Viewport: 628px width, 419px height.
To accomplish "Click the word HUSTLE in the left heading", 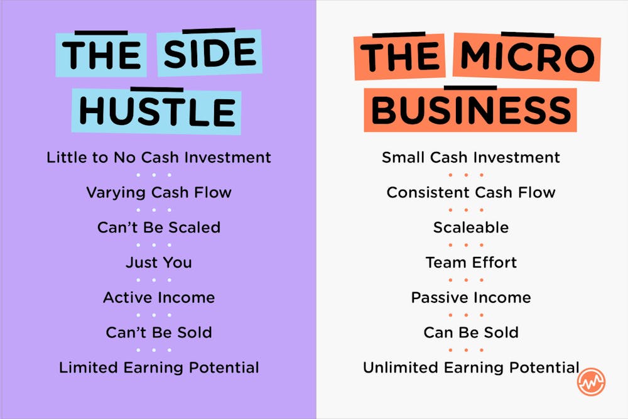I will (156, 111).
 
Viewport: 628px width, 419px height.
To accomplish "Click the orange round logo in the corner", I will (591, 381).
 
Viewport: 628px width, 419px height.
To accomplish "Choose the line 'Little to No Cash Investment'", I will (159, 157).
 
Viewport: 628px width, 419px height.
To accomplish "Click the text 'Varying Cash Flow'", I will (159, 192).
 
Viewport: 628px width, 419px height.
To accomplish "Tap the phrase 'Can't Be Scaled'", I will (159, 227).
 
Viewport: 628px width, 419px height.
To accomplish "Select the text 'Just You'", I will (159, 262).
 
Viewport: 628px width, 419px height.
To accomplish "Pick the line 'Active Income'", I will (159, 297).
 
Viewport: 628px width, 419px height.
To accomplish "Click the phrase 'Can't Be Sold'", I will (159, 332).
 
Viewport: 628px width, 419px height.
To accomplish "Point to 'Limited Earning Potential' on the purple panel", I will (159, 367).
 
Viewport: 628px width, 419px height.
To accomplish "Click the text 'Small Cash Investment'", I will (471, 157).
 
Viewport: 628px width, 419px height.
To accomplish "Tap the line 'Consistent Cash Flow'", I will (471, 192).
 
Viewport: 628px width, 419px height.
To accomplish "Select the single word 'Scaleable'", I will (471, 227).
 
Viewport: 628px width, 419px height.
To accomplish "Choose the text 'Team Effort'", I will (471, 262).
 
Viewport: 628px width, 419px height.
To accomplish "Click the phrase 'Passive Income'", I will (471, 297).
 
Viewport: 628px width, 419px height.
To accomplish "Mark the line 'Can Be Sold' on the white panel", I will (471, 332).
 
